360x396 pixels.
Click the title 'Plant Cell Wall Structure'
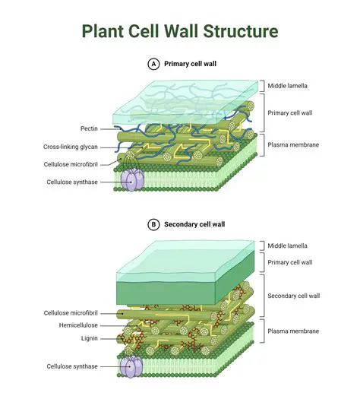pos(180,31)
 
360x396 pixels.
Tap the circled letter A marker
pos(154,65)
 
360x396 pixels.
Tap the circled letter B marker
pos(154,225)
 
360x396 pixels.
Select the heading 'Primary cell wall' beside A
pos(190,65)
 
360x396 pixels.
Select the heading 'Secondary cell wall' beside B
pos(194,225)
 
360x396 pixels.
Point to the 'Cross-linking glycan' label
pos(69,146)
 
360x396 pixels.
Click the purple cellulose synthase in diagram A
pos(134,180)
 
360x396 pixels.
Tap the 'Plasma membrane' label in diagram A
pos(292,144)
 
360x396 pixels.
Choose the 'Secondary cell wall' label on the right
pos(293,296)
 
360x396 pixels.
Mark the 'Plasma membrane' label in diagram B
pos(292,331)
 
